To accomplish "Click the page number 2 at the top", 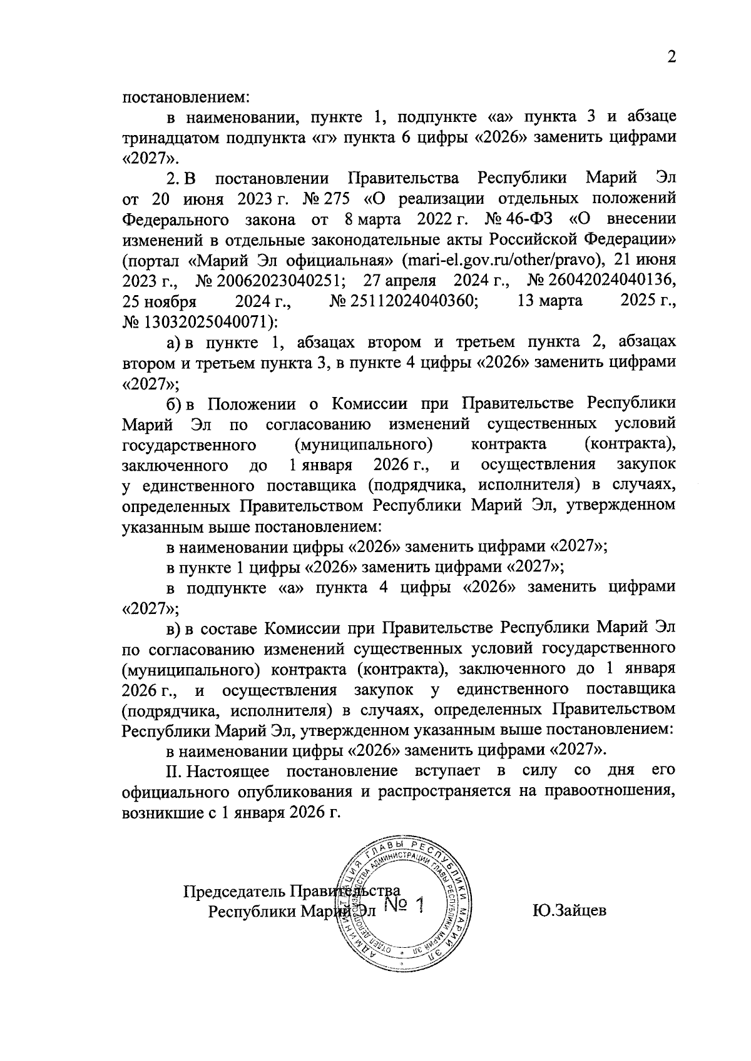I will pos(672,57).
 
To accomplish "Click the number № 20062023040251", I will pos(268,281).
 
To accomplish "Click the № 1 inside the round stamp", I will pos(404,905).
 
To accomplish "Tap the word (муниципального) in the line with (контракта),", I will pos(363,445).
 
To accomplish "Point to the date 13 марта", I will pos(550,302).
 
